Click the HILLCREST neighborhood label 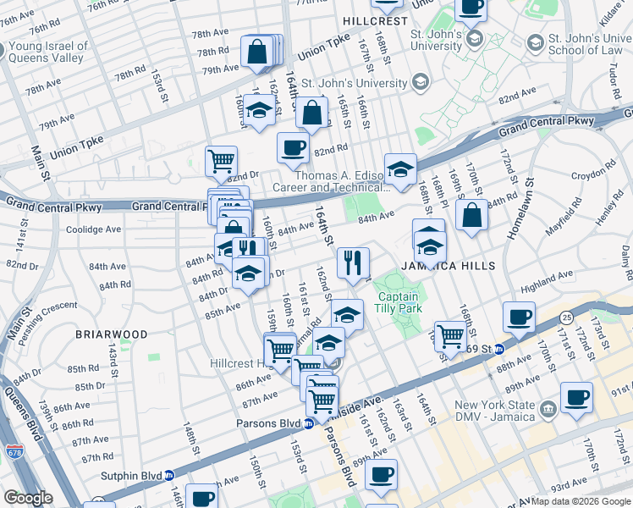[375, 19]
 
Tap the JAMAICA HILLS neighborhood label [435, 266]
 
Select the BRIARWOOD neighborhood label [112, 334]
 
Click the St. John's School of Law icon [535, 41]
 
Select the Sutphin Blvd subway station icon [168, 476]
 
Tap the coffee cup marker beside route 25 [518, 317]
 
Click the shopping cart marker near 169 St [450, 335]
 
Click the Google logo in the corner [28, 498]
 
